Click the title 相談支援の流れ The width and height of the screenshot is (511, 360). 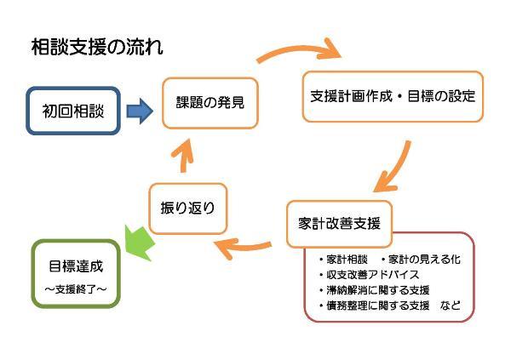95,47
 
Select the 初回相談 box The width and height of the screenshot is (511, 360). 74,110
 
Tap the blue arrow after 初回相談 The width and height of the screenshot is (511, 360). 139,110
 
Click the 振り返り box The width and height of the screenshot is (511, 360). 188,207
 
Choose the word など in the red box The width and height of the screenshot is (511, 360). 451,305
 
